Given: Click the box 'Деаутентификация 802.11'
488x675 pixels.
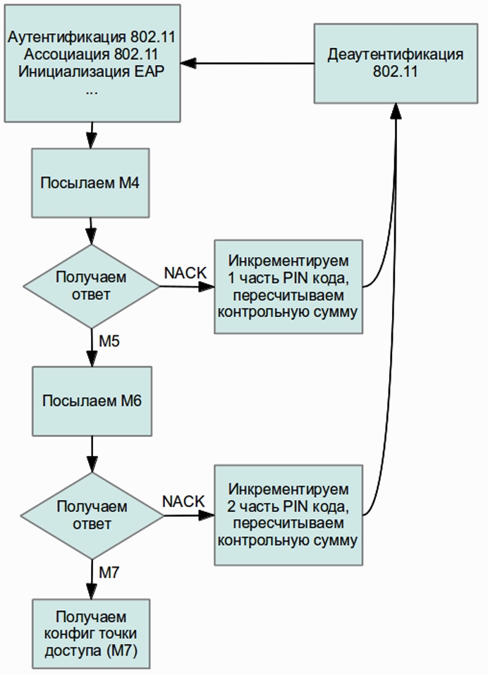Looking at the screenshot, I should pos(396,64).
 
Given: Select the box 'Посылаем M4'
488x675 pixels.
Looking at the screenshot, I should pos(91,183).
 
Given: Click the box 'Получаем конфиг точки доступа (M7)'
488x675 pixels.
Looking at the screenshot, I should pos(91,633).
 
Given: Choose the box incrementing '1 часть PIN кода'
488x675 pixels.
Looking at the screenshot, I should pos(289,285).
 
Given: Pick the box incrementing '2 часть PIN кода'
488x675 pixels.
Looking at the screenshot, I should pos(289,514).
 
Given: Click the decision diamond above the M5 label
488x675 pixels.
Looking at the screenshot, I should pos(92,286).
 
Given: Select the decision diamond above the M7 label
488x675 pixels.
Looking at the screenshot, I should pos(92,515).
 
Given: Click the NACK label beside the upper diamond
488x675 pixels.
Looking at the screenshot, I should pos(185,273).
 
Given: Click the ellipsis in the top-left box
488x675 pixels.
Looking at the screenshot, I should pos(91,92).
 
